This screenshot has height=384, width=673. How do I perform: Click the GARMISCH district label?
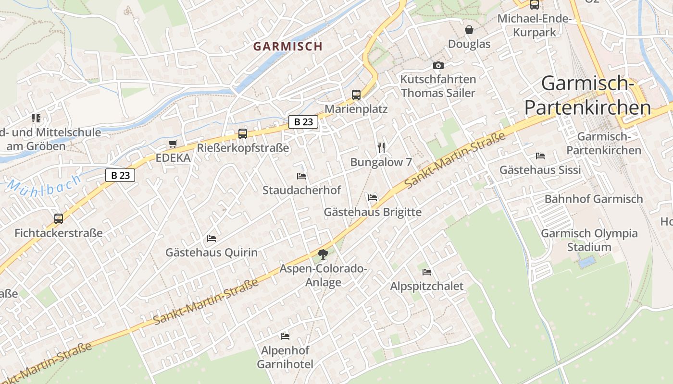tap(287, 47)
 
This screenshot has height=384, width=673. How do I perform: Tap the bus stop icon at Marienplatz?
tap(356, 95)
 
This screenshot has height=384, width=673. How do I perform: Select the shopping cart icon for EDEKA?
tap(173, 144)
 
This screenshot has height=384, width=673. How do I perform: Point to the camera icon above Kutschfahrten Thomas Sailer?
tap(438, 65)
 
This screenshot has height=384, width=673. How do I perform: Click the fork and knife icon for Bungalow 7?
tap(381, 147)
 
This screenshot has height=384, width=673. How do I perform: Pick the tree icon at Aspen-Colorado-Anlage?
tap(323, 254)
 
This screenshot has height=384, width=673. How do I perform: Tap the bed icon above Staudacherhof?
tap(301, 176)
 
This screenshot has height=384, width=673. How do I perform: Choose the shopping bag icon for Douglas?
tap(469, 30)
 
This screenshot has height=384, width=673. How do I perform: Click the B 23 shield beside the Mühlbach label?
tap(120, 175)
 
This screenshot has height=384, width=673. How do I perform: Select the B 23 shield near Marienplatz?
tap(303, 122)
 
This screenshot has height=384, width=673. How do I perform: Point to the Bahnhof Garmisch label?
tap(593, 199)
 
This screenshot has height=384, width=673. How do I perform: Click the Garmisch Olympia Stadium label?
tap(589, 240)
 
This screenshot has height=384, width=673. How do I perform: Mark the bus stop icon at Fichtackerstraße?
tap(59, 218)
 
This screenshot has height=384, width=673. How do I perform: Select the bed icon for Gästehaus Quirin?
tap(211, 238)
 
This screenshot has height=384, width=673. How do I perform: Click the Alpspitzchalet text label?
tap(426, 286)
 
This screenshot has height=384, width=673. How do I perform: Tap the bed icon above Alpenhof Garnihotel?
tap(285, 336)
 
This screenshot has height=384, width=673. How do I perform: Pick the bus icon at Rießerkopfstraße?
tap(243, 133)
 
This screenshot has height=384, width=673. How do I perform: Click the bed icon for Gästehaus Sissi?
tap(540, 156)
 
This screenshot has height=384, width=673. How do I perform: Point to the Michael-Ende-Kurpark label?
tap(534, 25)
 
